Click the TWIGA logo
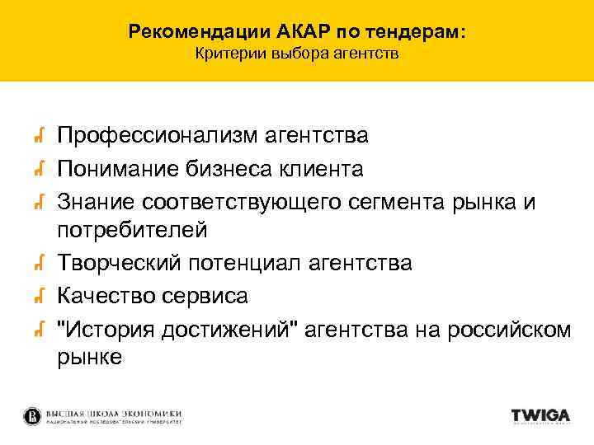click(540, 416)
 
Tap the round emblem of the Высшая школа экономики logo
click(32, 416)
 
